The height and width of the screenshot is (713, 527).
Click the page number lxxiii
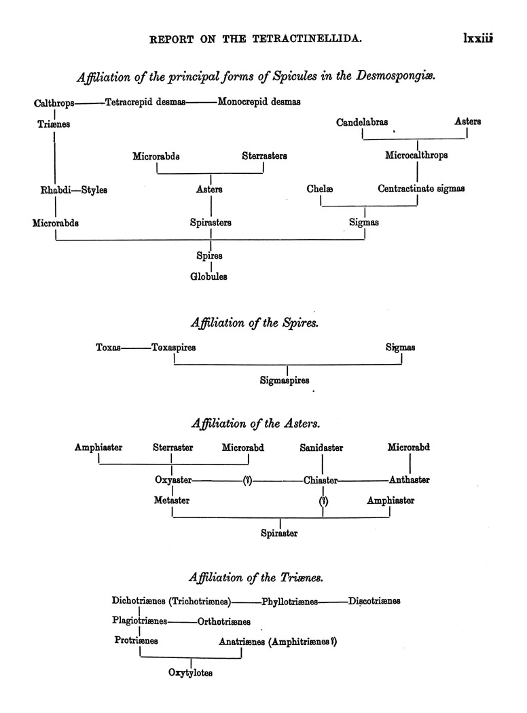click(477, 39)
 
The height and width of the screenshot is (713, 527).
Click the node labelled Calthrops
click(54, 103)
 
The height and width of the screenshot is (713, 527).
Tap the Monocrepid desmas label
click(259, 103)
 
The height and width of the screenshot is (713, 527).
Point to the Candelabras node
click(363, 122)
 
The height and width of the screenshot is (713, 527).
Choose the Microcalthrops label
click(416, 156)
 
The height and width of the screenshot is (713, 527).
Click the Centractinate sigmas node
click(421, 189)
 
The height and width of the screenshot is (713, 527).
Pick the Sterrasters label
click(264, 156)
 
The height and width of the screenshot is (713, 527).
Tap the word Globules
click(208, 276)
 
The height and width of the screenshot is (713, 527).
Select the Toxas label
click(109, 348)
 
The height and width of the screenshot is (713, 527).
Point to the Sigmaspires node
click(285, 381)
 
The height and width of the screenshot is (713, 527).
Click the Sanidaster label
click(321, 447)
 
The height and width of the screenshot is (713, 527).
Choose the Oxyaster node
click(173, 480)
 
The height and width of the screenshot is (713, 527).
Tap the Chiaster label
click(321, 481)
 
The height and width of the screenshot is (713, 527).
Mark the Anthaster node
click(410, 480)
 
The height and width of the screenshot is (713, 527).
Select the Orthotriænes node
click(224, 621)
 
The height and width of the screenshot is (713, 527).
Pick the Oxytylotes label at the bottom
click(191, 673)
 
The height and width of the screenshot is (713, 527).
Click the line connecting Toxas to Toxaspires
click(137, 348)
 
